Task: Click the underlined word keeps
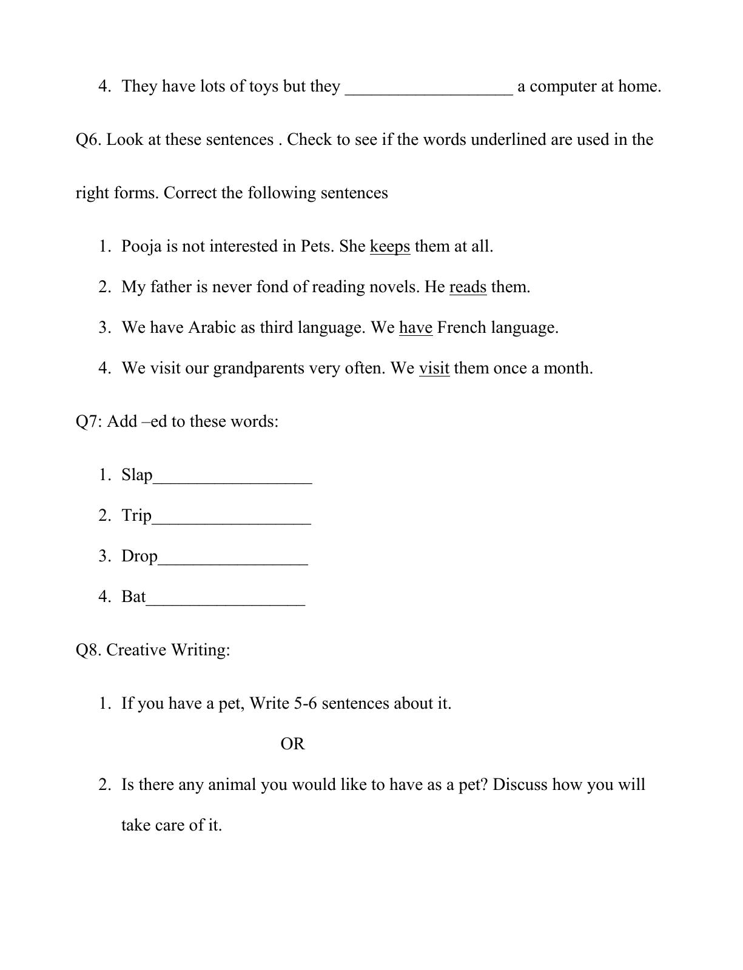click(389, 247)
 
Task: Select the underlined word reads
click(468, 287)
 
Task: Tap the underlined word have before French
click(415, 328)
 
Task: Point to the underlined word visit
click(434, 369)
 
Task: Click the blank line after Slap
click(232, 480)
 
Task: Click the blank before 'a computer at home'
click(429, 90)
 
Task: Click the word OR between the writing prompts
click(292, 744)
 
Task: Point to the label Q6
click(89, 140)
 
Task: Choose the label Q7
click(89, 421)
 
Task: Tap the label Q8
click(89, 650)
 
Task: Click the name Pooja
click(141, 247)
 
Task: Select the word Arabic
click(212, 328)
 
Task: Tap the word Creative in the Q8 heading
click(136, 650)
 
